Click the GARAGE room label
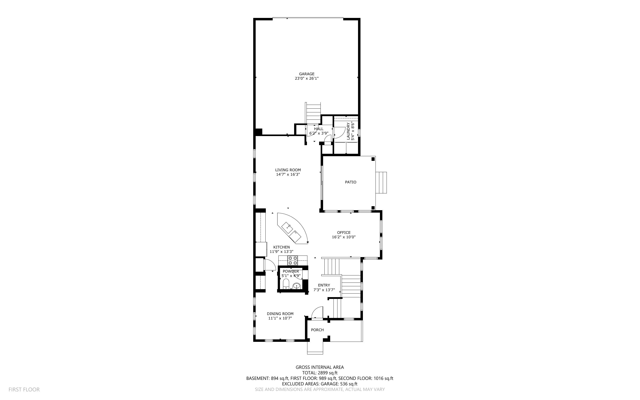pos(307,74)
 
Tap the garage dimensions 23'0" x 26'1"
pos(307,79)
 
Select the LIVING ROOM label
pos(288,170)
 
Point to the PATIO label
pos(351,182)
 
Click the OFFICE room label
pos(344,233)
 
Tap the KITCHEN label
pos(282,247)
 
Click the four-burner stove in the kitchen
pos(293,260)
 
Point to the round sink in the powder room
pos(297,286)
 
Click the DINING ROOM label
pos(280,314)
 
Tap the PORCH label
pos(317,330)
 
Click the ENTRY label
pos(324,285)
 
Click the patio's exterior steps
pos(381,183)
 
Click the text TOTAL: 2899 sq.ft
pos(320,373)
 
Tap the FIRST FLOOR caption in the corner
pos(24,390)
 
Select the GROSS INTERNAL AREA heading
pos(320,367)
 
